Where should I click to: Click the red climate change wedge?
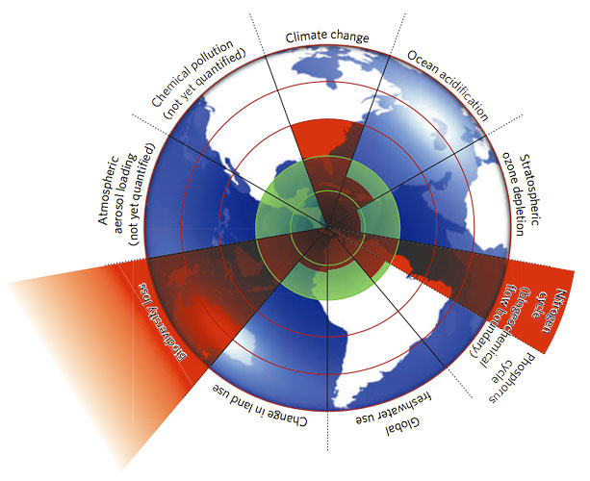tap(327, 144)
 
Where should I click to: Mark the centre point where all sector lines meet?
tap(327, 228)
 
